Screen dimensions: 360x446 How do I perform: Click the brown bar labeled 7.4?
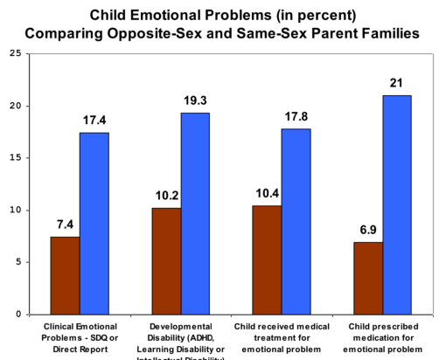[x=65, y=275]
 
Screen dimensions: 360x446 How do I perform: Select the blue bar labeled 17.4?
[x=94, y=223]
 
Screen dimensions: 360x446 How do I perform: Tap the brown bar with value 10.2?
[x=165, y=260]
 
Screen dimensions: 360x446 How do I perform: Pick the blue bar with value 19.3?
[x=195, y=213]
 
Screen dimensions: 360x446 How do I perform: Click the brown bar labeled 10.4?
[x=266, y=260]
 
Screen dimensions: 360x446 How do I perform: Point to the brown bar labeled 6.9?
[x=366, y=278]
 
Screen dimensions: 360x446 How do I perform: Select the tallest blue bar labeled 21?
[x=396, y=204]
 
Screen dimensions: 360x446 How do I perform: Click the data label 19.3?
[x=195, y=102]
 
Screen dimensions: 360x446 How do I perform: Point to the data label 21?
[x=396, y=85]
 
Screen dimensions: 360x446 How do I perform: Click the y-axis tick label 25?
[x=14, y=54]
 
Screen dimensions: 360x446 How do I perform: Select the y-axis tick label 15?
[x=14, y=158]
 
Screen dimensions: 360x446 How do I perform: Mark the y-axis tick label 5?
[x=17, y=262]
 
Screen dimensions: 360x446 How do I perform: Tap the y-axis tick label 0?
[x=17, y=315]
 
